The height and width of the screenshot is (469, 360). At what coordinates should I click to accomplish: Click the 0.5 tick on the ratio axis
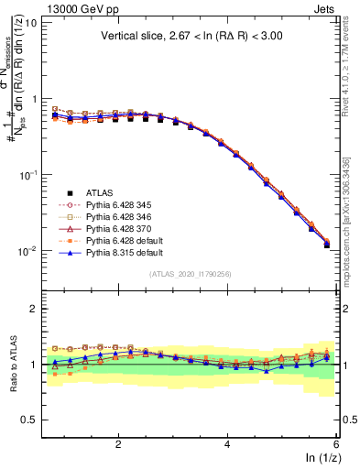coord(29,420)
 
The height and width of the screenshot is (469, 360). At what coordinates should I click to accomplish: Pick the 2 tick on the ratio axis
coord(34,310)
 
